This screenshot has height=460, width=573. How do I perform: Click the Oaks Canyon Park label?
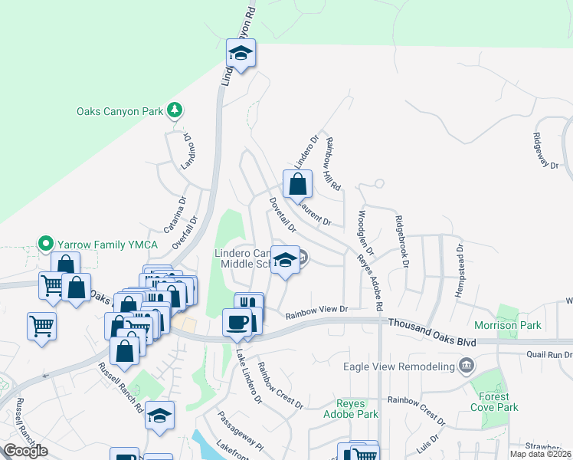[x=120, y=111]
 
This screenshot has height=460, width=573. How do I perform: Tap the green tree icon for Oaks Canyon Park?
[x=175, y=110]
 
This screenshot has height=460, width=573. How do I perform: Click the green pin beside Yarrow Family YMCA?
[x=45, y=245]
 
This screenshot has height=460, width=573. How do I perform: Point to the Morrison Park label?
[x=529, y=325]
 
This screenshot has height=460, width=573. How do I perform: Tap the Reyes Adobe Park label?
[x=358, y=409]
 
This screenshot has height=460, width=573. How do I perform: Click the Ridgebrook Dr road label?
[x=400, y=242]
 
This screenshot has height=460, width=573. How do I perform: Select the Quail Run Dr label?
[x=549, y=354]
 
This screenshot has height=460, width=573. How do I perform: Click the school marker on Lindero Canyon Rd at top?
[x=241, y=54]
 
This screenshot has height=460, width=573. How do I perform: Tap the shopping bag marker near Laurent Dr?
[x=297, y=185]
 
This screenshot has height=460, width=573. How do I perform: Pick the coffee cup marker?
[x=237, y=322]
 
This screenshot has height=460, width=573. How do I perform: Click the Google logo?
[x=26, y=451]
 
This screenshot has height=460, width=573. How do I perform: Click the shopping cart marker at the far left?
[x=41, y=326]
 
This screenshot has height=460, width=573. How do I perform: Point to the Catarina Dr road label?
[x=175, y=215]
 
